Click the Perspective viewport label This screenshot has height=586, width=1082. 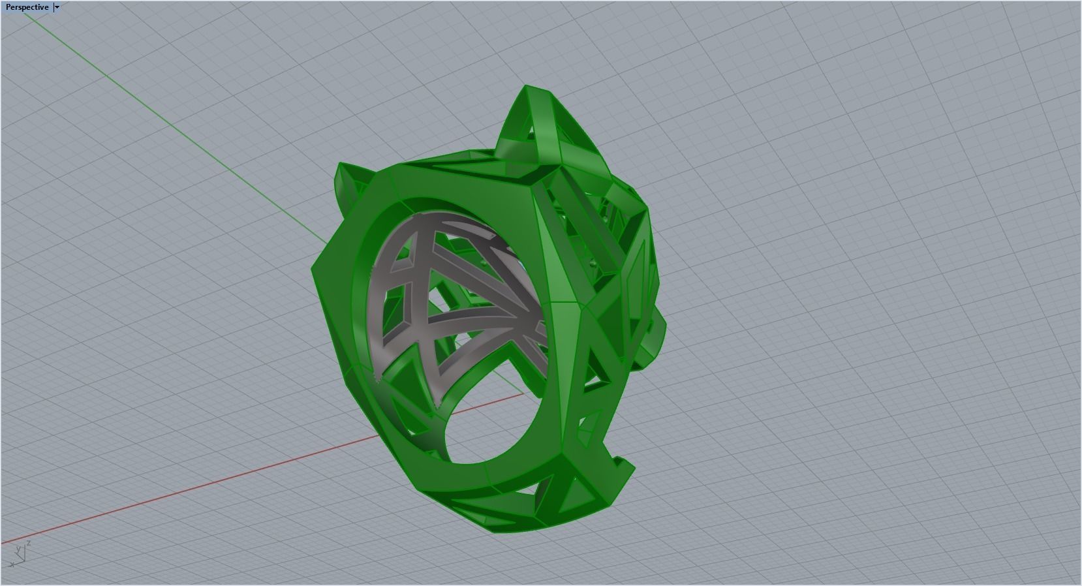(27, 7)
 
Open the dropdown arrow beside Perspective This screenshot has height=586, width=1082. (57, 7)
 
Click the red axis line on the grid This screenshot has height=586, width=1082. (196, 484)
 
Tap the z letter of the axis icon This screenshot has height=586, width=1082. (29, 543)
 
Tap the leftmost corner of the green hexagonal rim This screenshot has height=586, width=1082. (315, 274)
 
